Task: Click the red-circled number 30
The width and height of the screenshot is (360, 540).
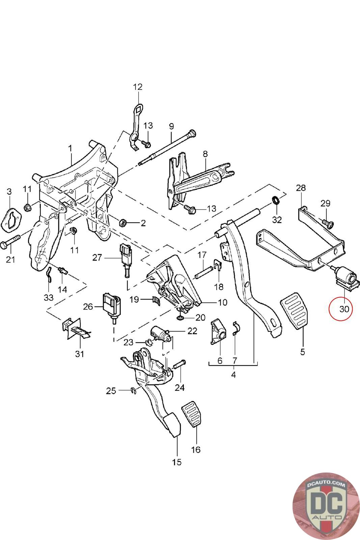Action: [344, 308]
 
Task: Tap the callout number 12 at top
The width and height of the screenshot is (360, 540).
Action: [138, 87]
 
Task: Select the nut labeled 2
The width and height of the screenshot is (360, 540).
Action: [123, 222]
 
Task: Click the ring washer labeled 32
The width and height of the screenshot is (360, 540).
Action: [275, 200]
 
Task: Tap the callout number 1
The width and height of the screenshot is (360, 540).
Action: [70, 148]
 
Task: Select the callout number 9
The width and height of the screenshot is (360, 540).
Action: [171, 126]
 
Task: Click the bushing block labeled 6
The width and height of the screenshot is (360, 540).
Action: [218, 333]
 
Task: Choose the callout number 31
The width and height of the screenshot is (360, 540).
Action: [80, 354]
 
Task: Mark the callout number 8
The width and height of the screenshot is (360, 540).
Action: [205, 154]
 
